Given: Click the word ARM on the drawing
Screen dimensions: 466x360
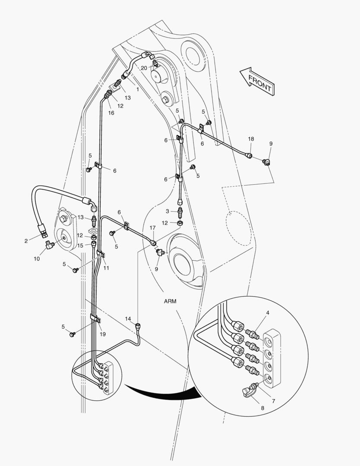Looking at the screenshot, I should [x=170, y=301].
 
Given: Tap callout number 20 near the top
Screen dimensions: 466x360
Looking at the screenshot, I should [x=144, y=67].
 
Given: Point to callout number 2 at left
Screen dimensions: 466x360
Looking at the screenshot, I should [x=26, y=241].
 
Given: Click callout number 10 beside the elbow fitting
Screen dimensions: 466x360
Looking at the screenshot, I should [x=37, y=259].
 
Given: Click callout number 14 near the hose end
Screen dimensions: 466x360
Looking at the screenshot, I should [x=128, y=319].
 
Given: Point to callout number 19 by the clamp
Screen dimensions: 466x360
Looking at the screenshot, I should [x=103, y=334].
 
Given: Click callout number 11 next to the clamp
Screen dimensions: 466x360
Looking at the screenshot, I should [x=106, y=268].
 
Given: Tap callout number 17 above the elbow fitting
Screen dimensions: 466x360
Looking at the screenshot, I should [x=152, y=227].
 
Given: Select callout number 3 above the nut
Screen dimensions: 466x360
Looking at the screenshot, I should [x=168, y=211].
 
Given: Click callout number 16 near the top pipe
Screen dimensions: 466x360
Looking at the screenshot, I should [x=111, y=113].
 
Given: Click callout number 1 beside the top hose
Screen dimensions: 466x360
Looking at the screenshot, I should [x=138, y=89].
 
